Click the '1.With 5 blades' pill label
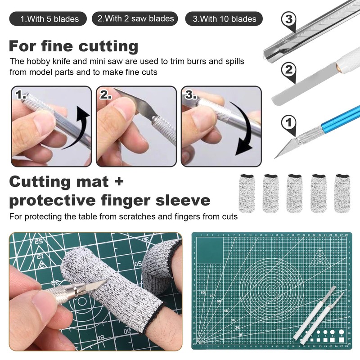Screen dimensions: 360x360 (x=50, y=19)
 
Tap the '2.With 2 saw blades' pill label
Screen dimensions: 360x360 (x=135, y=18)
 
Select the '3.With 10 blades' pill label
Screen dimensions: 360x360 (x=224, y=19)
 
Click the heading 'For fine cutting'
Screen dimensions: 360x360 (x=73, y=46)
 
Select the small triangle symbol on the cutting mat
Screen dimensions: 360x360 (x=320, y=254)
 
